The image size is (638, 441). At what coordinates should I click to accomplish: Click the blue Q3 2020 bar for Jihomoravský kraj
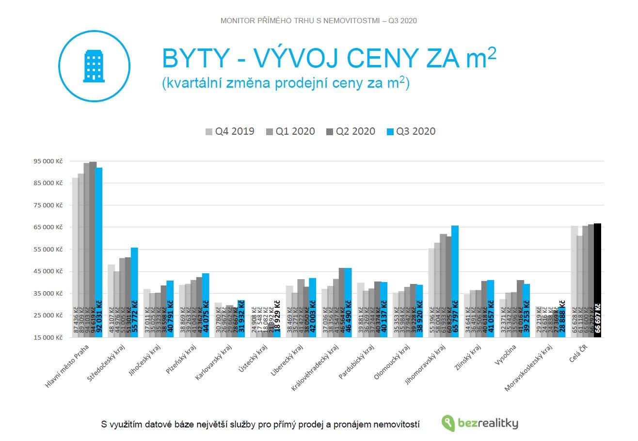pyautogui.click(x=455, y=262)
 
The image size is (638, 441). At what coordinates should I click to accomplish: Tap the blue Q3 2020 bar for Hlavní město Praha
pyautogui.click(x=99, y=233)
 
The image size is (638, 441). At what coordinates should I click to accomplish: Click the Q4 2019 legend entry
pyautogui.click(x=230, y=131)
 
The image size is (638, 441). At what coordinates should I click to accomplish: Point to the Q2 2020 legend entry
pyautogui.click(x=351, y=131)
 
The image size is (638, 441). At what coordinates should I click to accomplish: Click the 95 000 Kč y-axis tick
pyautogui.click(x=48, y=161)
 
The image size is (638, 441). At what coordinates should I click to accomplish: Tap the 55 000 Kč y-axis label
pyautogui.click(x=48, y=249)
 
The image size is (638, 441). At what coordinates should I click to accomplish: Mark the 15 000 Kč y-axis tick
pyautogui.click(x=48, y=337)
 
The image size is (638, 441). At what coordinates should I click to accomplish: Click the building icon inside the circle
pyautogui.click(x=94, y=66)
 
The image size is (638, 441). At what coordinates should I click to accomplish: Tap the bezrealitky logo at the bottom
pyautogui.click(x=480, y=424)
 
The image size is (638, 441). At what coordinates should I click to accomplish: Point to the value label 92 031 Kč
pyautogui.click(x=99, y=316)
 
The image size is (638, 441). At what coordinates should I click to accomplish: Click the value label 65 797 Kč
pyautogui.click(x=455, y=316)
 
